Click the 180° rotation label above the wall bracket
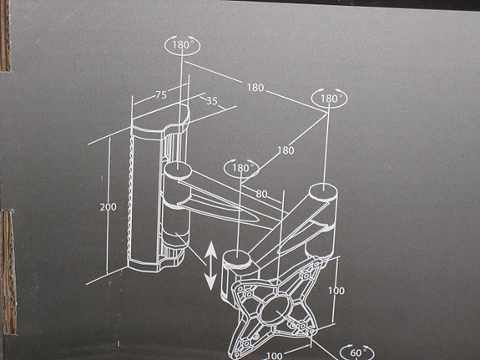click(x=183, y=46)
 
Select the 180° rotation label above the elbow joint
click(x=331, y=99)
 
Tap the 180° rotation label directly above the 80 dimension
click(x=241, y=168)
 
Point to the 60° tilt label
click(x=356, y=352)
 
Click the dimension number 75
click(x=160, y=95)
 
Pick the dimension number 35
click(x=211, y=102)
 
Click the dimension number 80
click(x=261, y=195)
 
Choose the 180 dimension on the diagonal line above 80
click(x=285, y=150)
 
